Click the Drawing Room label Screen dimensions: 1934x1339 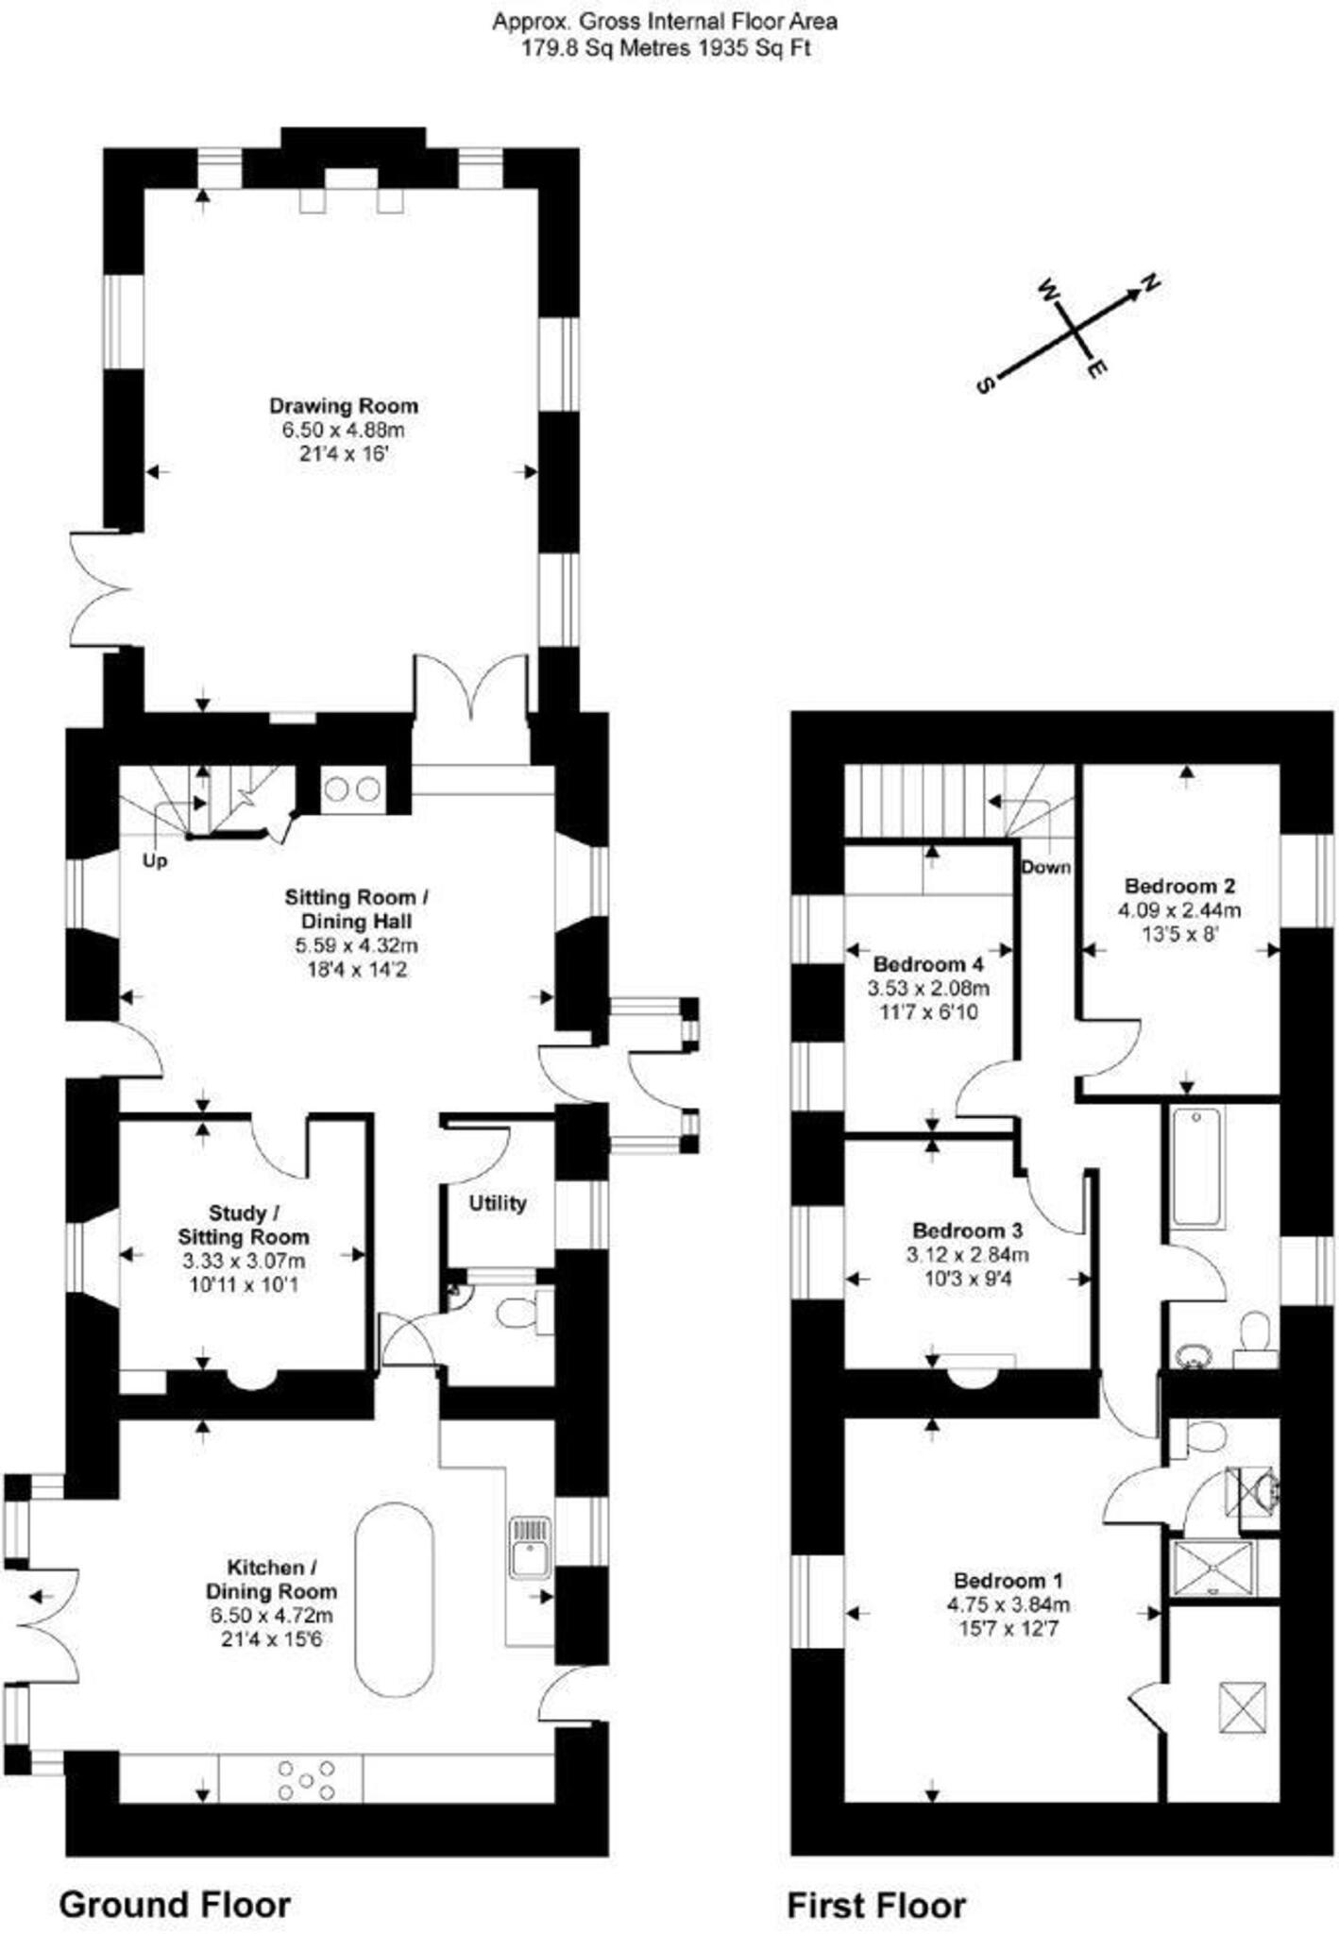343,406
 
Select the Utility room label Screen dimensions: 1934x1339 497,1203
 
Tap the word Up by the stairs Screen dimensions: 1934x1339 155,861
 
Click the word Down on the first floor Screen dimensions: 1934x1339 1045,867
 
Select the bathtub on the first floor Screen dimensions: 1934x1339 1196,1167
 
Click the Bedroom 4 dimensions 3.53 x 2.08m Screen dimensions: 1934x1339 928,989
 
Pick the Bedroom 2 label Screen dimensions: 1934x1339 1179,886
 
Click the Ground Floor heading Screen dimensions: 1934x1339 175,1905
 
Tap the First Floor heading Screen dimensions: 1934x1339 876,1906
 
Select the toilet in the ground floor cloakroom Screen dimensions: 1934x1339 517,1314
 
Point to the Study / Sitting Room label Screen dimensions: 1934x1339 244,1224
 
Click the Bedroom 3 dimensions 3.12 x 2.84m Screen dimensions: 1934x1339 967,1255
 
